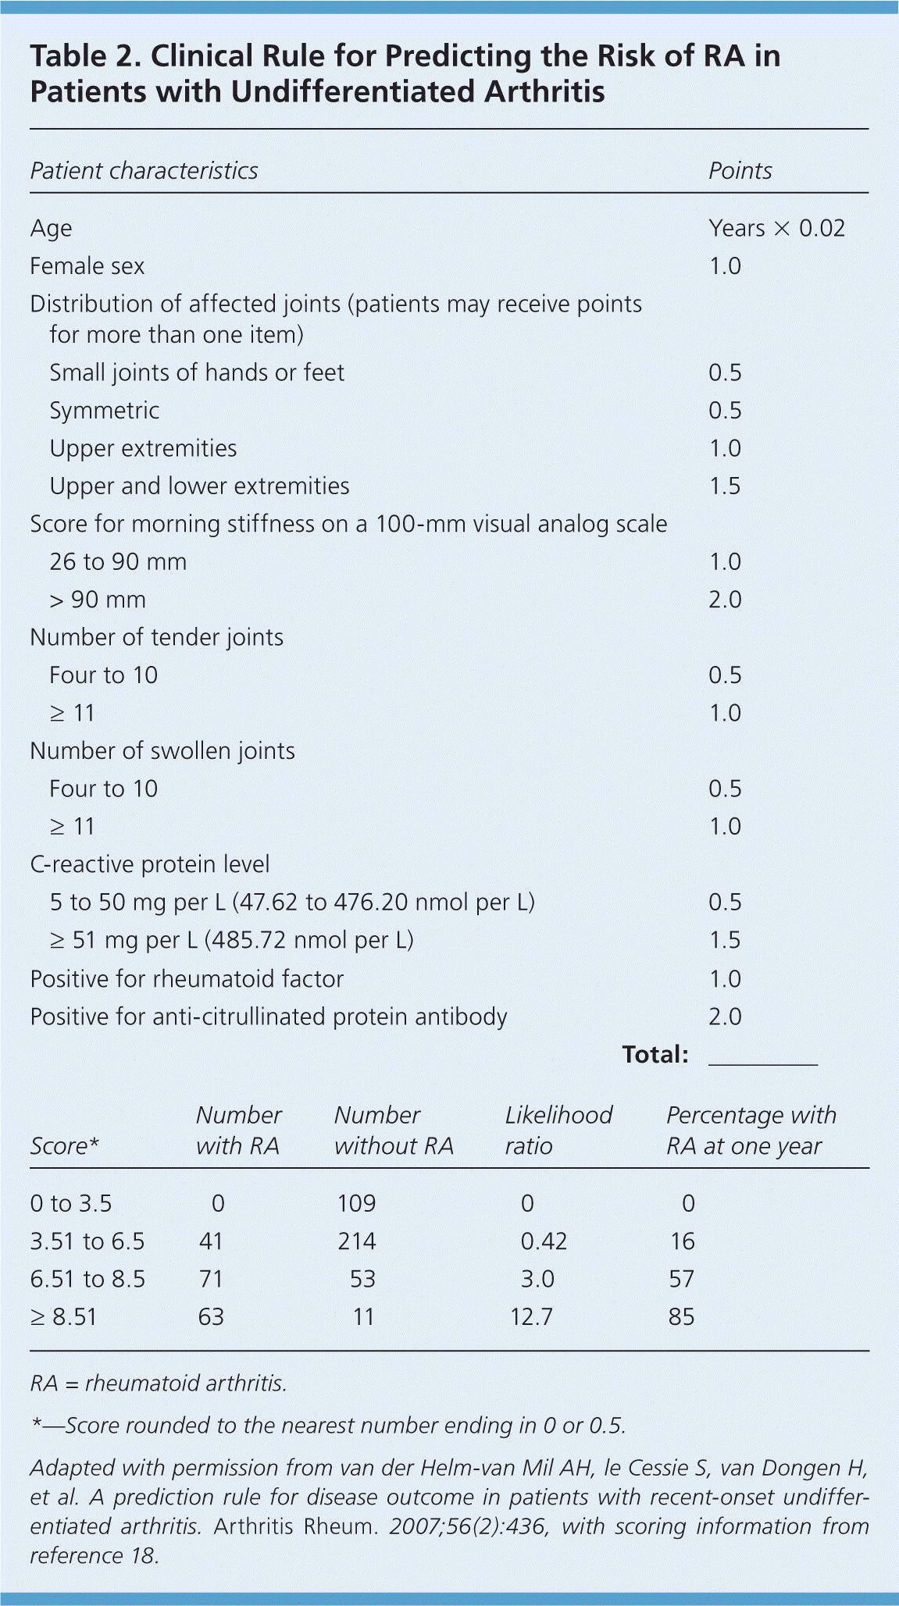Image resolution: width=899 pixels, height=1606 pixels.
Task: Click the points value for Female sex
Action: point(724,266)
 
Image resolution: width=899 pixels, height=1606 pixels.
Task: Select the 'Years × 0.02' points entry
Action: point(776,228)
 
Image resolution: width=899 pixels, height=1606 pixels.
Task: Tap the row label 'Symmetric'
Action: point(104,411)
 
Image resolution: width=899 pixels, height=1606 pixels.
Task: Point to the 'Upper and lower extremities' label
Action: point(199,486)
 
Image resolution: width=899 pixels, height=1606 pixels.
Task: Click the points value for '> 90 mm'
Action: point(724,600)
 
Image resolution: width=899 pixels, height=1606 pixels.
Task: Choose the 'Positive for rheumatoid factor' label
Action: point(187,979)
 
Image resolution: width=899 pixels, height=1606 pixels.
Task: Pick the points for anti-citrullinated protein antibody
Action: point(724,1017)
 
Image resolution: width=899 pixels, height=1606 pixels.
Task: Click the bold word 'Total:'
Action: point(655,1055)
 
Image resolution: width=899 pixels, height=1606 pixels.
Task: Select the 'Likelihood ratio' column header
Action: point(558,1131)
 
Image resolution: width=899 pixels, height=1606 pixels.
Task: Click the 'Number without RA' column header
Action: point(393,1131)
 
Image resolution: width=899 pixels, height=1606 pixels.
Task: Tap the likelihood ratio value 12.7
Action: point(531,1317)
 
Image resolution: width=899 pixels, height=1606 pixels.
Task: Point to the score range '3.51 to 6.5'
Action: point(87,1241)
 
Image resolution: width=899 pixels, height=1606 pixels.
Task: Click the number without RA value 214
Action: point(356,1241)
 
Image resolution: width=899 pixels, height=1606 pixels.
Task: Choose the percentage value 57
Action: point(681,1279)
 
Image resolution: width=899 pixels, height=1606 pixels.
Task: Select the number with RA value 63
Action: point(211,1317)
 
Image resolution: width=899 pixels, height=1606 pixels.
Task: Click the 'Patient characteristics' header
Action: point(144,171)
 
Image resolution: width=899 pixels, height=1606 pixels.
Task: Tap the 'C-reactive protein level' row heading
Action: point(149,864)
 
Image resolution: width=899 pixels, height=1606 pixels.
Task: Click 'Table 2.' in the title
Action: point(85,56)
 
